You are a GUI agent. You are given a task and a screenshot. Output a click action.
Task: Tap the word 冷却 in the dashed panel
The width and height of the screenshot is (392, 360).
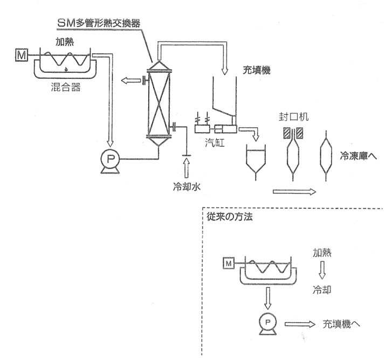pos(321,288)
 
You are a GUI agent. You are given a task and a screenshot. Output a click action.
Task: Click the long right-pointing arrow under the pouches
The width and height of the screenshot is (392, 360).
pos(294,191)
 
